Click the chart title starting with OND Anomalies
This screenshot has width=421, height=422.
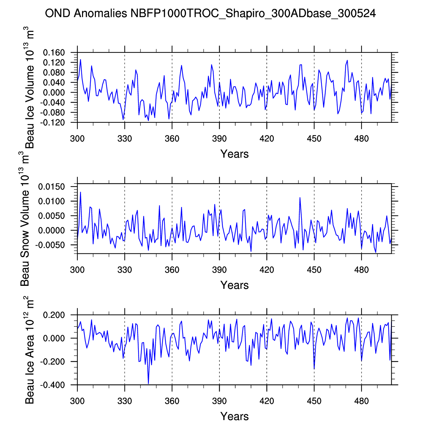(x=210, y=14)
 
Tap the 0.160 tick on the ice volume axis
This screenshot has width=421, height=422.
(x=54, y=53)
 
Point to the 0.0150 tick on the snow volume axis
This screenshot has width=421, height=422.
(x=51, y=187)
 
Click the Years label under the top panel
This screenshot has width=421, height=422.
(x=234, y=154)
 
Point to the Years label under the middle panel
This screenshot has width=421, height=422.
(x=234, y=285)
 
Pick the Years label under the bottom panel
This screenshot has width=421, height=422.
(x=234, y=416)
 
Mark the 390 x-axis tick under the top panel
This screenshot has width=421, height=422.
(x=219, y=139)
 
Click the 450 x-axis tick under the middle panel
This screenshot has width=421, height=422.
(x=314, y=270)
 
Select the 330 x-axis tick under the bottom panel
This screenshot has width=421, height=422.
(x=125, y=401)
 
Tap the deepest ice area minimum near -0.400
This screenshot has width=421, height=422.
(x=149, y=383)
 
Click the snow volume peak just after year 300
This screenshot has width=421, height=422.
(x=80, y=192)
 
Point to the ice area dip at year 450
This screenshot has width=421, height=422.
(x=314, y=368)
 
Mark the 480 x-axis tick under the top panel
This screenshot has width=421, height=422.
(x=361, y=139)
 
